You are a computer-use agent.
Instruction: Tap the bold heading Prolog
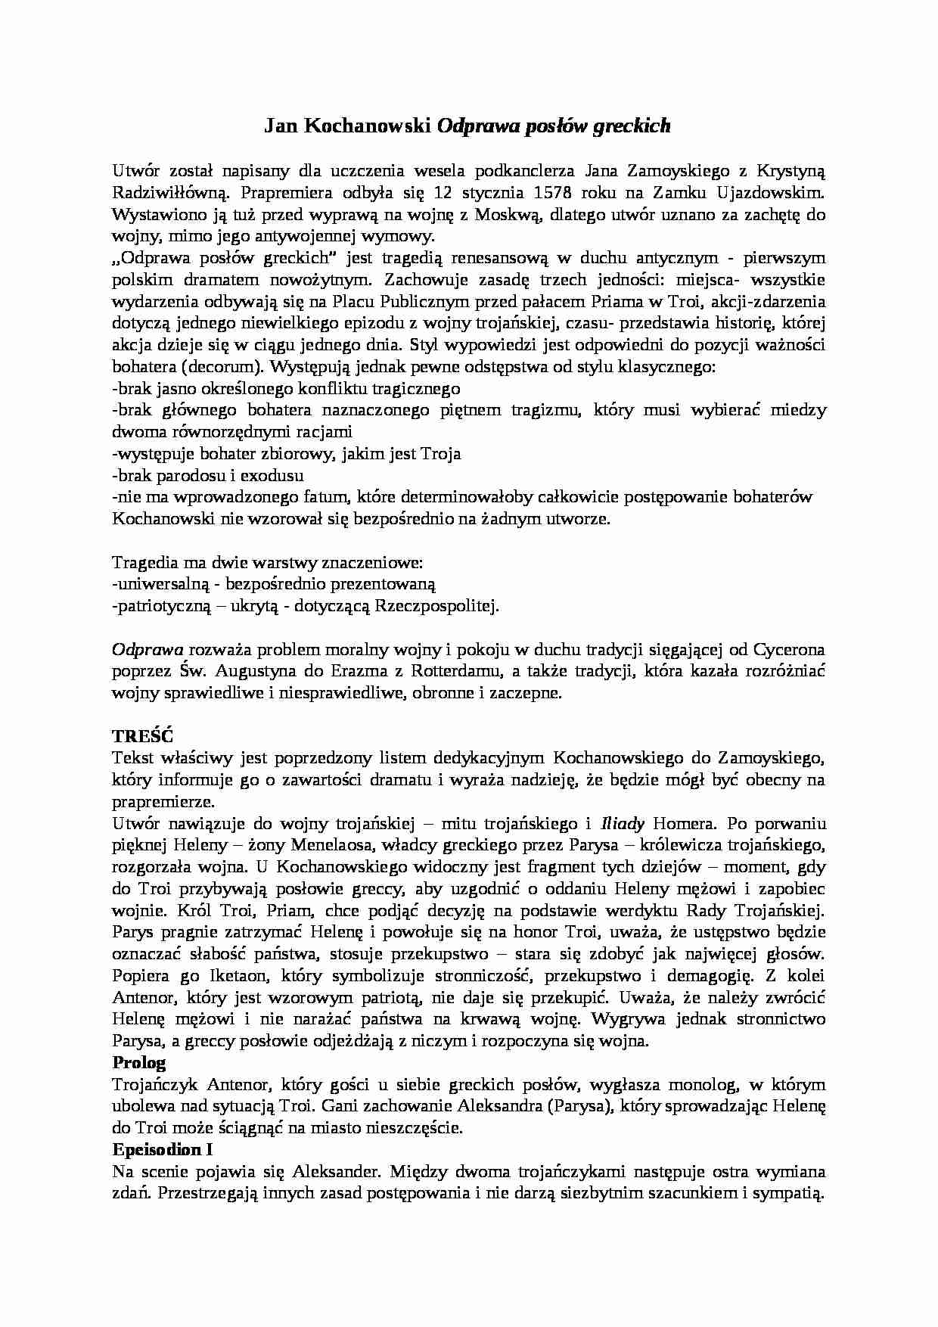click(138, 1062)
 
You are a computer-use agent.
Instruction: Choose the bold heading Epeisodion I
click(162, 1150)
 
